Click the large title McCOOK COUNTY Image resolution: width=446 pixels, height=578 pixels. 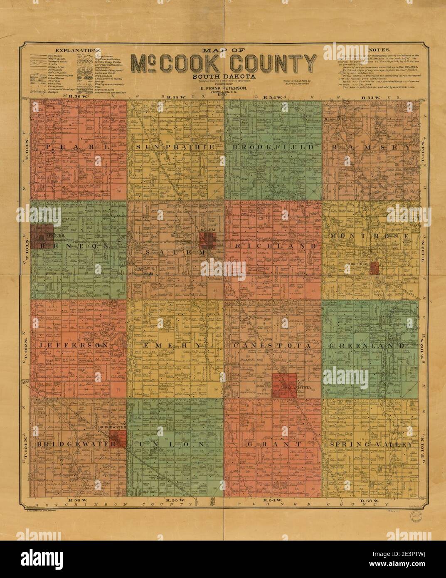224,63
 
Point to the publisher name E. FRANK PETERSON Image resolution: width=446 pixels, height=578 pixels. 224,89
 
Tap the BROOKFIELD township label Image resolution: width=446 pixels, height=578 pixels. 273,147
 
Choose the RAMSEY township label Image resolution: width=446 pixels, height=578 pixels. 371,147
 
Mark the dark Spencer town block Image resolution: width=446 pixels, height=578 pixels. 42,234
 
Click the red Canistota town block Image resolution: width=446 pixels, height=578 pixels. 284,385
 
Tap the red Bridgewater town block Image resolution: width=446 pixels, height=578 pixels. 118,437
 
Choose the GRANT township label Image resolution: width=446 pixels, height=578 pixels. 273,445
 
